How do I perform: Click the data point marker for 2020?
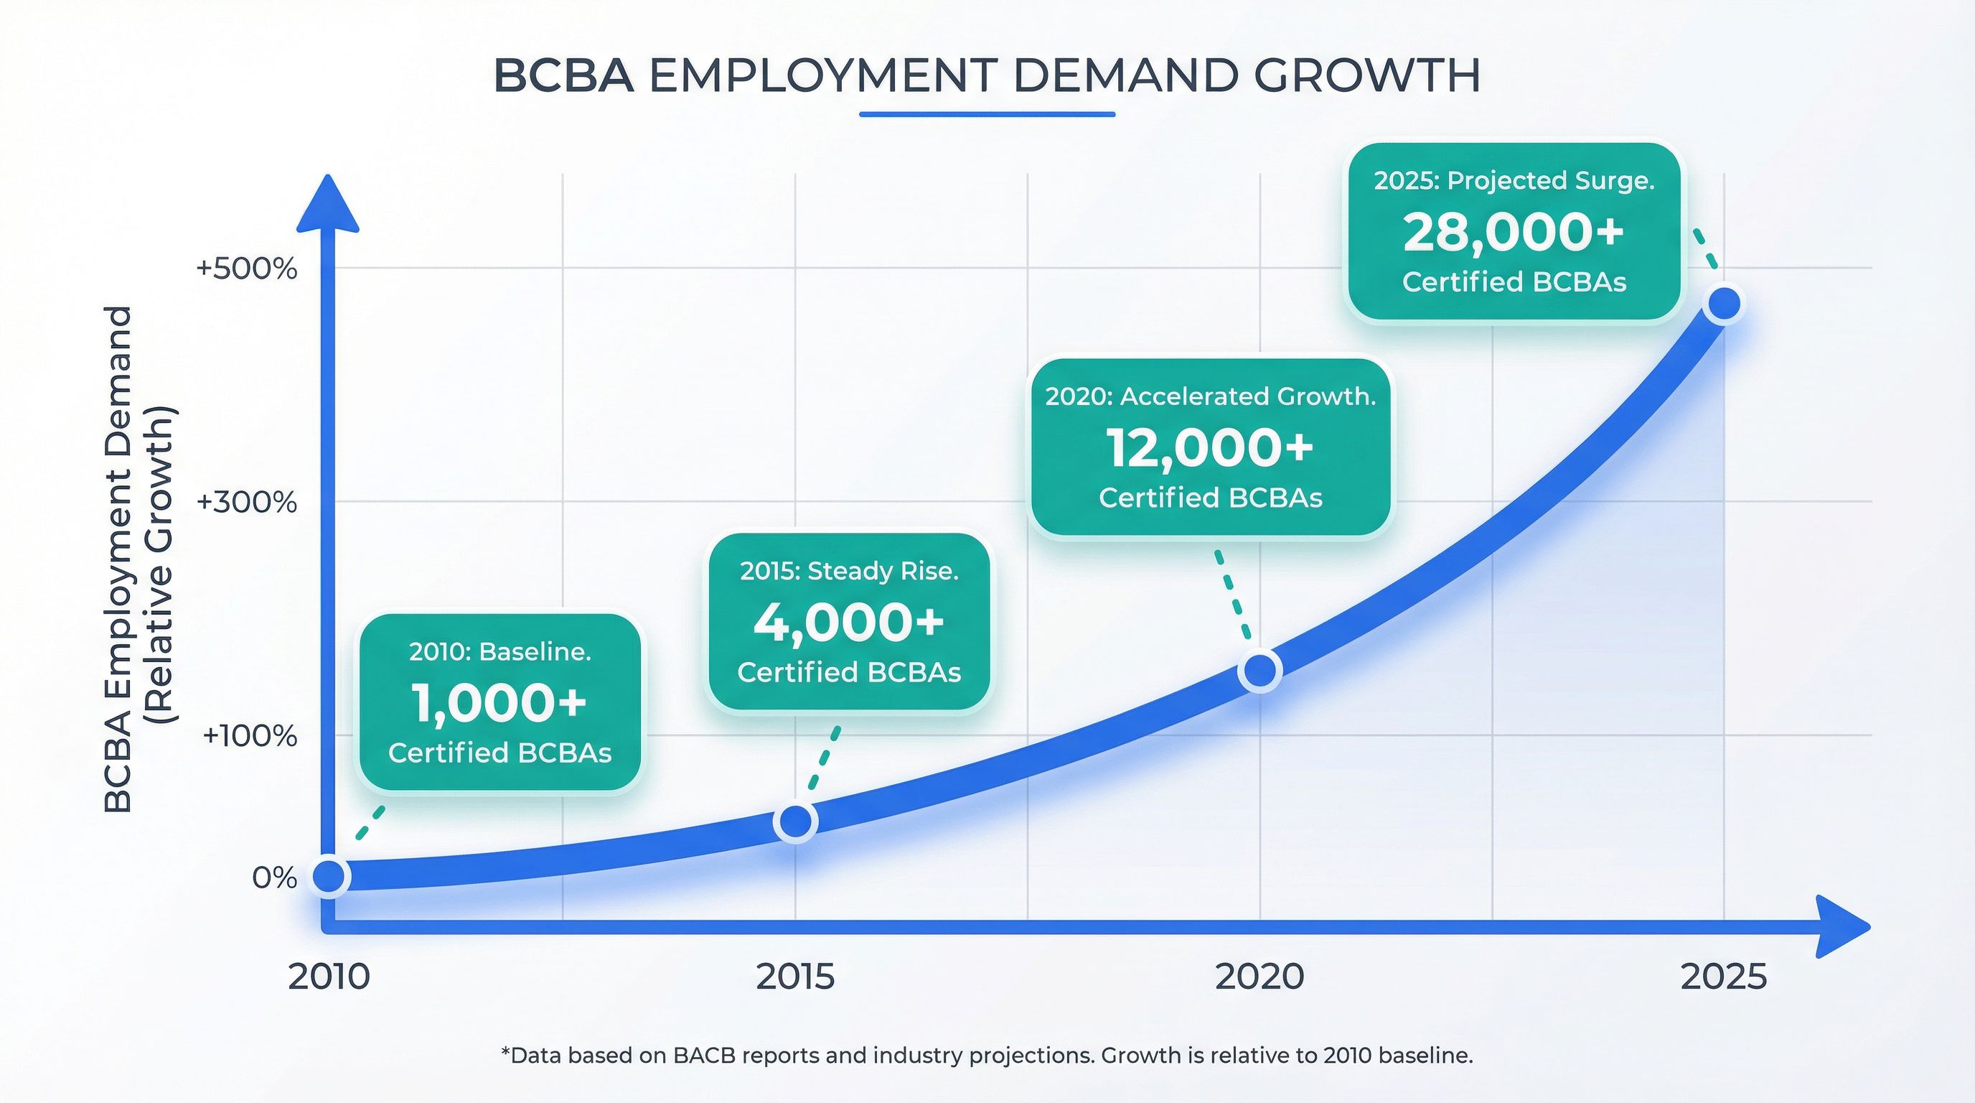(x=1259, y=671)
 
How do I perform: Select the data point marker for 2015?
(x=796, y=822)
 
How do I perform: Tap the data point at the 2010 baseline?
(x=329, y=876)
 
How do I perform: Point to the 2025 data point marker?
(x=1725, y=304)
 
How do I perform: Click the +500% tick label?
(x=247, y=269)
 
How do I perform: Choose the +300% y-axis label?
(x=247, y=503)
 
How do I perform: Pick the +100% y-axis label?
(x=250, y=736)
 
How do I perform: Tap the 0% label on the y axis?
(x=274, y=878)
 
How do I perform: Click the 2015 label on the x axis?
(x=795, y=977)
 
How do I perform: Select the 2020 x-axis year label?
(x=1259, y=977)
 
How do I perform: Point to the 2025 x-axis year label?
(x=1724, y=977)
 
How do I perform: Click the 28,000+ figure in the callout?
(x=1514, y=233)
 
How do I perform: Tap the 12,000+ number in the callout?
(x=1210, y=448)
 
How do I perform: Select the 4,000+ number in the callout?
(x=849, y=621)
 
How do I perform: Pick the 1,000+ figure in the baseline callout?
(x=499, y=702)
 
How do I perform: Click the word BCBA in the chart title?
(x=563, y=76)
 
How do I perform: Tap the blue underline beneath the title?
(x=987, y=114)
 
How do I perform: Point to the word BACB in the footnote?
(x=704, y=1056)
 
